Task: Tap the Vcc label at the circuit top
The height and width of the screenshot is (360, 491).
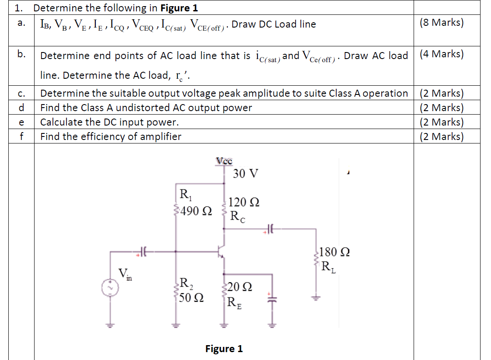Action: click(x=224, y=161)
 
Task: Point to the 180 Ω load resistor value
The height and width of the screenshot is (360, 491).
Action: click(x=334, y=252)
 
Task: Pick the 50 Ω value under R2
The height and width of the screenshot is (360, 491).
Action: click(x=191, y=299)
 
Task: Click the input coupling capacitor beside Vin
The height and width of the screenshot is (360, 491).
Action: click(x=143, y=252)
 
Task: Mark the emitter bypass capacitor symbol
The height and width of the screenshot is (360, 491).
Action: click(x=272, y=297)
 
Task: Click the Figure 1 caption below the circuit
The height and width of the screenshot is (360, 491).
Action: click(x=224, y=349)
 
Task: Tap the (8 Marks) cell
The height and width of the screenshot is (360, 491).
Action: click(x=441, y=23)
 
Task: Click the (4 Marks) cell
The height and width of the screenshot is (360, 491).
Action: click(x=441, y=54)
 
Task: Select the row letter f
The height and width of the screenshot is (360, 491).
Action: click(x=21, y=136)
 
